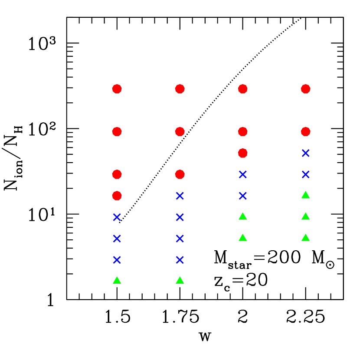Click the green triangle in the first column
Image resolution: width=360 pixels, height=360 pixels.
click(117, 281)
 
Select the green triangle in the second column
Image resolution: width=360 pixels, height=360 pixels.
click(180, 281)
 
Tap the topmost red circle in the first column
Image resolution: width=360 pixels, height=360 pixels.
click(117, 89)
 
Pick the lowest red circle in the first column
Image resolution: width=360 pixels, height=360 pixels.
click(117, 196)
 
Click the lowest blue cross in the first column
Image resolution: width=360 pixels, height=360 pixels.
click(117, 260)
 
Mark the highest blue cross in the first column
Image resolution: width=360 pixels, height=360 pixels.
click(117, 217)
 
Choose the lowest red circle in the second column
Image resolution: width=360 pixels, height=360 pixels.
click(180, 174)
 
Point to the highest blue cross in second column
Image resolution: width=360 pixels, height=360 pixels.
click(180, 196)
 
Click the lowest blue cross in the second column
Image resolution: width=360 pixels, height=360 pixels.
click(180, 260)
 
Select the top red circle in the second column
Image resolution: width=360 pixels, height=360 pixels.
click(180, 89)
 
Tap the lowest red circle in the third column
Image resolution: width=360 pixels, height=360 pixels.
click(243, 153)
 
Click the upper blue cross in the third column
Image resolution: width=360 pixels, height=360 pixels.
click(243, 174)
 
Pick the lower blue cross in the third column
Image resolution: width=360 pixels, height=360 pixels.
click(243, 196)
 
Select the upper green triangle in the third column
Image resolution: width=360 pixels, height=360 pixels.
click(243, 216)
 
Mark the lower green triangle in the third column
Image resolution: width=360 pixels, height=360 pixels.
click(243, 238)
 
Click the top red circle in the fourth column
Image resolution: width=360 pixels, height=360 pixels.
click(306, 89)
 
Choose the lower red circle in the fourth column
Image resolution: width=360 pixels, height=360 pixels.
click(306, 131)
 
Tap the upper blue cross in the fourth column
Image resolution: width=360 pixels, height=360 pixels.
click(306, 153)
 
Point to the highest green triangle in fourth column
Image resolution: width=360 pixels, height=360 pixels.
click(306, 195)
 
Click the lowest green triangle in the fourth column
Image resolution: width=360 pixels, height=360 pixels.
click(306, 238)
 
